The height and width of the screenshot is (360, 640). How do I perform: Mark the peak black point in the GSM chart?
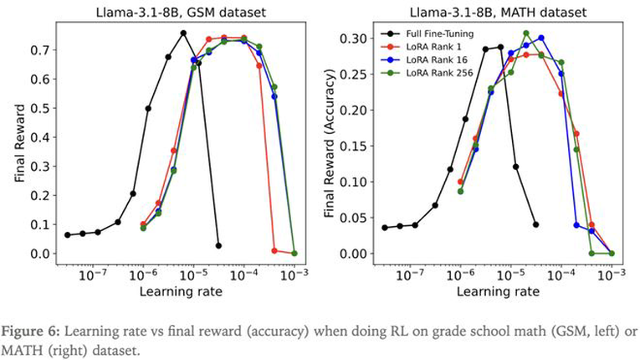[x=183, y=33]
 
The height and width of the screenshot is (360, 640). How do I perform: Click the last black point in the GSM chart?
[x=218, y=246]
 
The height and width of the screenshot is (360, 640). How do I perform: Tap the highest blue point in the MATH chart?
[x=541, y=38]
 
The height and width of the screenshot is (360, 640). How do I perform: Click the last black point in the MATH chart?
[x=535, y=224]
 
